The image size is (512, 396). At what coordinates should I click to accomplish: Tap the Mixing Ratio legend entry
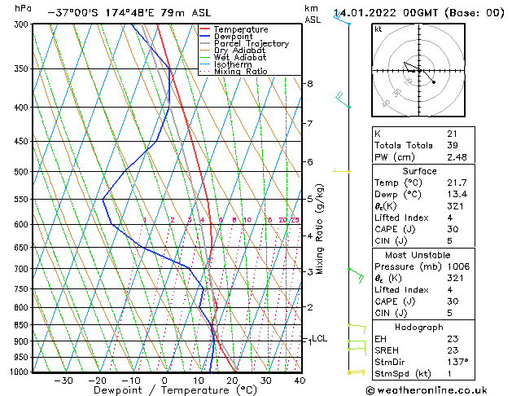(x=241, y=72)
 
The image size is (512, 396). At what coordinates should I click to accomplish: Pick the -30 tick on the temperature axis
(x=63, y=381)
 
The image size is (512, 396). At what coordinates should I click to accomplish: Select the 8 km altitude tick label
(x=309, y=84)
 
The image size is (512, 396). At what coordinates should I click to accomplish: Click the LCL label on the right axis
(x=319, y=338)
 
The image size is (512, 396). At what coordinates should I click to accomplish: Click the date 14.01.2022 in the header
(x=365, y=13)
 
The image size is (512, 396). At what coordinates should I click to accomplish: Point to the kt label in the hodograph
(x=379, y=29)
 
